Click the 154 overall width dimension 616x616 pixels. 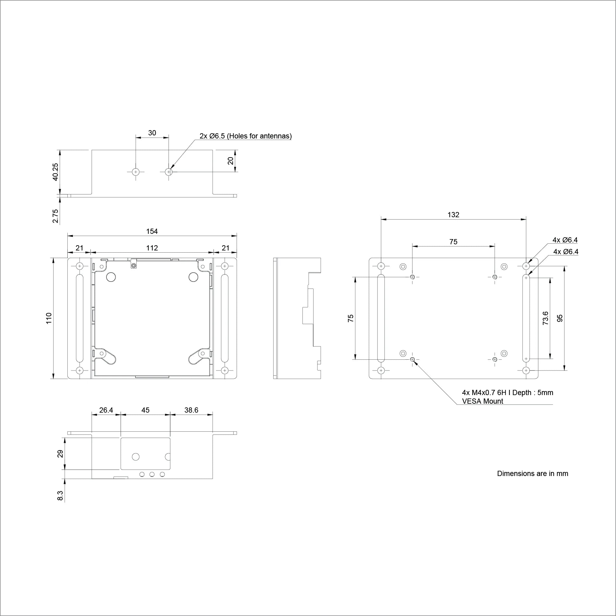(x=152, y=231)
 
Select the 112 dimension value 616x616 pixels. (x=152, y=248)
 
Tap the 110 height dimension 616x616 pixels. (x=49, y=318)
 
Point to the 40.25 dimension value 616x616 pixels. (x=55, y=172)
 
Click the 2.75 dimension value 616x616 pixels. (x=55, y=216)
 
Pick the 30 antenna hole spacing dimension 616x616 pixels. (x=152, y=133)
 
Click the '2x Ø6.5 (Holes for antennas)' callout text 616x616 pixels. (x=246, y=136)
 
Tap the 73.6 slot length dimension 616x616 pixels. (x=545, y=318)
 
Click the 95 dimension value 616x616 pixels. (x=560, y=318)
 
